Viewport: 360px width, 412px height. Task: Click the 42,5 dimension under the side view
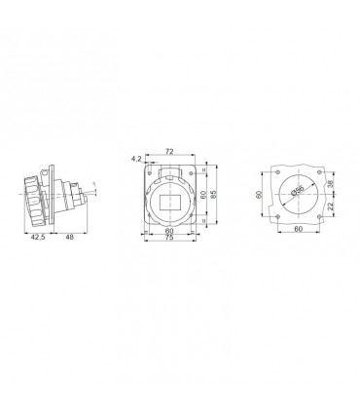pos(38,238)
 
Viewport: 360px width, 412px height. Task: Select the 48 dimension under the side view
pos(69,238)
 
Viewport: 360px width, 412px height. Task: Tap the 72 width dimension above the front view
pos(169,151)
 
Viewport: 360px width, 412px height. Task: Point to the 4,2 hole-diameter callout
pos(136,159)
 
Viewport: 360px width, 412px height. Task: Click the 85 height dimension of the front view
pos(213,194)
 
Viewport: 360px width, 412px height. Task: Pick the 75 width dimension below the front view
pos(169,238)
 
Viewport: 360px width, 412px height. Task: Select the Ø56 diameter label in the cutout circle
pos(297,191)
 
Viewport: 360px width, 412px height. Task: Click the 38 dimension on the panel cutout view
pos(330,184)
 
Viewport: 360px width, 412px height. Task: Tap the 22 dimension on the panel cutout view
pos(330,206)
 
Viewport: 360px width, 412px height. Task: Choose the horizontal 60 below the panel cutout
pos(299,229)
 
